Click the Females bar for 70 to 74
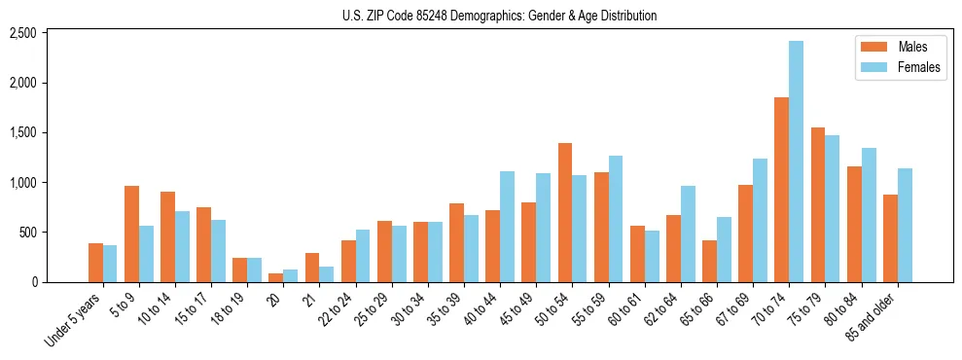pyautogui.click(x=796, y=162)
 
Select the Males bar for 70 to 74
pyautogui.click(x=781, y=190)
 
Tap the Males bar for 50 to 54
pyautogui.click(x=565, y=212)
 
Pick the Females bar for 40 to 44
pyautogui.click(x=507, y=227)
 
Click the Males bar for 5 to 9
pyautogui.click(x=131, y=234)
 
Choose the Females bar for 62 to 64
pyautogui.click(x=687, y=234)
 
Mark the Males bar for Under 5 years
pyautogui.click(x=95, y=263)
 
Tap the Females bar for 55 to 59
pyautogui.click(x=615, y=219)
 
